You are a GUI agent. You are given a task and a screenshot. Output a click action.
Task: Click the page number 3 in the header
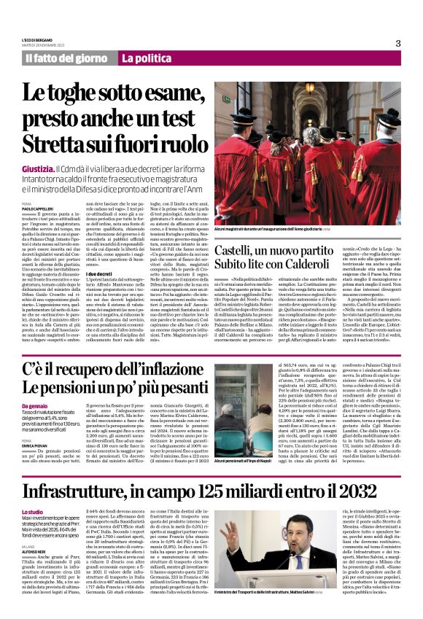pyautogui.click(x=398, y=43)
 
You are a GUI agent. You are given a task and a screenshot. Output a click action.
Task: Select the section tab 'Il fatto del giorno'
pyautogui.click(x=66, y=58)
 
